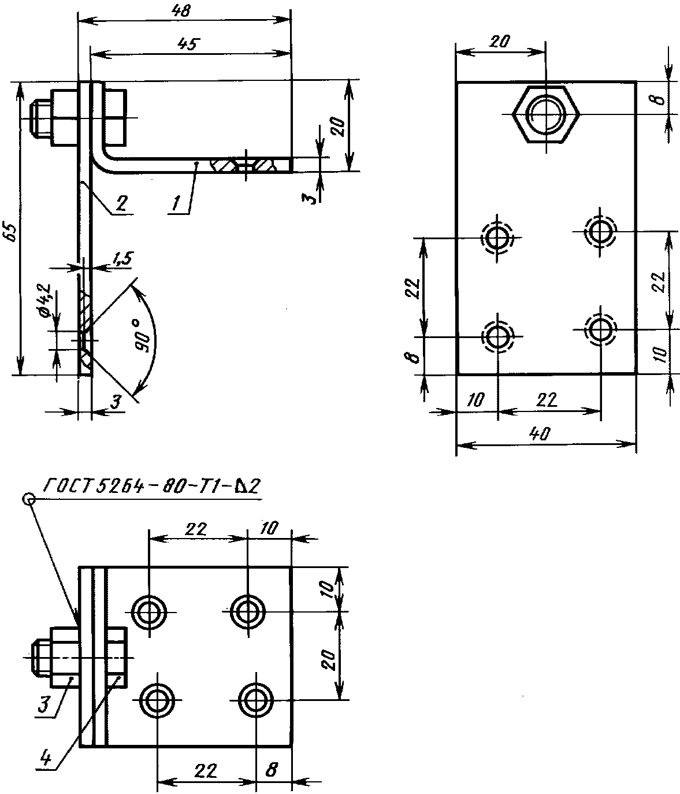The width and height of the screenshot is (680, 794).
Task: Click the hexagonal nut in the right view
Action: click(x=545, y=113)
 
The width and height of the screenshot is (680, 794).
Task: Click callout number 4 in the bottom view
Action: click(x=49, y=757)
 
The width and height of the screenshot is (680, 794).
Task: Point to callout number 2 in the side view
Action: click(x=122, y=203)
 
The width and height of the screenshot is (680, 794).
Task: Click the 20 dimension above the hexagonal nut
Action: click(x=500, y=42)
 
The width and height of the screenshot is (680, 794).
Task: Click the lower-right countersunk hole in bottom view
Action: click(x=255, y=700)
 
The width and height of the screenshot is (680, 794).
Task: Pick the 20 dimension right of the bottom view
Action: click(x=326, y=655)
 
